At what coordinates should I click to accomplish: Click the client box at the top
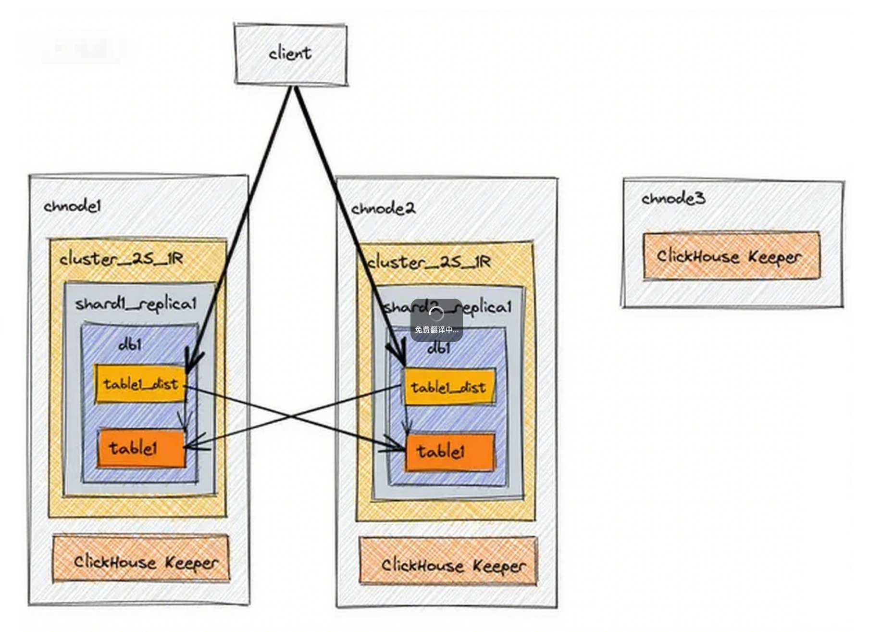tap(291, 54)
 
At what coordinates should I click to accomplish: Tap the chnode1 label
tap(72, 206)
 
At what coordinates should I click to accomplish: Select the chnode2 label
tap(383, 209)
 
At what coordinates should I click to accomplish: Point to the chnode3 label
tap(673, 198)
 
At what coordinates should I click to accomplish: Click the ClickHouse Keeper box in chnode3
tap(731, 256)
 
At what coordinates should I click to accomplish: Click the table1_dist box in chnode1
tap(140, 384)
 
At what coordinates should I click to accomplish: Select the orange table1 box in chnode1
tap(140, 448)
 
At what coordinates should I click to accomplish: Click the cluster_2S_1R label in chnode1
tap(121, 259)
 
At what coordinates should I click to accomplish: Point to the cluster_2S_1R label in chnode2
tap(429, 262)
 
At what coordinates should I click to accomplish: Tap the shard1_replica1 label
tap(136, 304)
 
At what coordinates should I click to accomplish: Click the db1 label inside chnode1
tap(130, 344)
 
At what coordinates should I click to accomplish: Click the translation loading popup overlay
tap(436, 320)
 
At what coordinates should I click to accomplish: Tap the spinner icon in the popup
tap(436, 314)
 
